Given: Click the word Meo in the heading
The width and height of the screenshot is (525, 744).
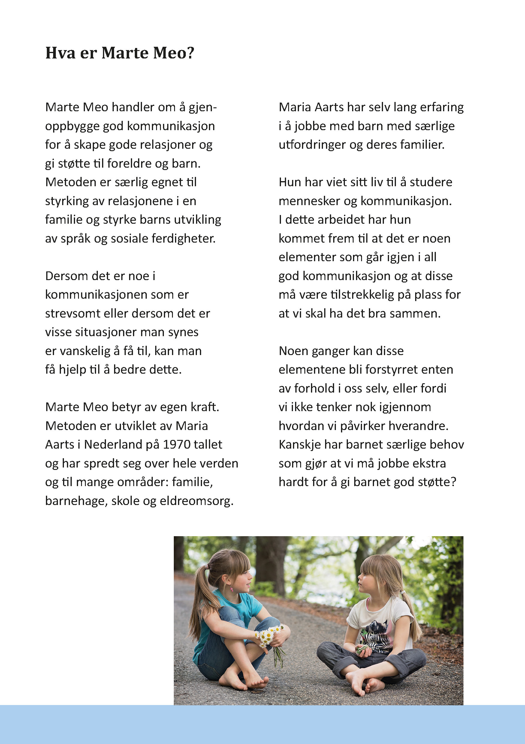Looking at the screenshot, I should pos(170,53).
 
